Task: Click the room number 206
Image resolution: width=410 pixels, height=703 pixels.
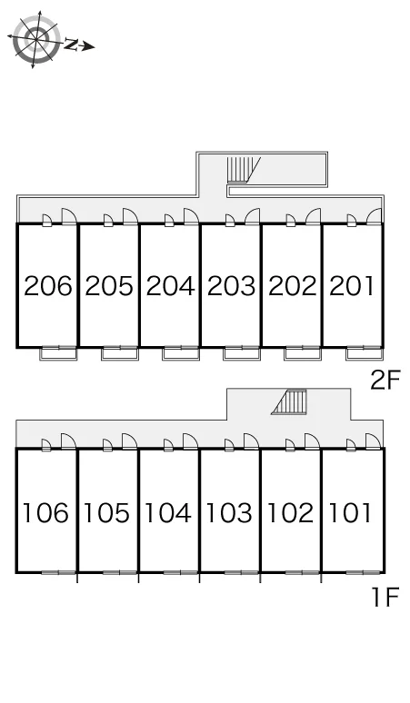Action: click(x=47, y=286)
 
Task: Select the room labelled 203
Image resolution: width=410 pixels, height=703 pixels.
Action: click(x=231, y=286)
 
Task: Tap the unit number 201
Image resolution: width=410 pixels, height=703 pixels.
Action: click(x=352, y=286)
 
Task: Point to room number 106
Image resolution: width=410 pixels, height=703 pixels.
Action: click(x=45, y=513)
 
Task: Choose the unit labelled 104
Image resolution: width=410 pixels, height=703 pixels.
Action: click(x=167, y=513)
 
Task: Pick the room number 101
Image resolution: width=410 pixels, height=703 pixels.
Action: click(x=350, y=513)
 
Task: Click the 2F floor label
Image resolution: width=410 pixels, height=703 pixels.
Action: click(x=385, y=381)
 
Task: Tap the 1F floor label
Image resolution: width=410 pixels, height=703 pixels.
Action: click(x=385, y=598)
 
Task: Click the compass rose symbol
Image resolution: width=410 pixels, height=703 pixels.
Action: click(x=35, y=39)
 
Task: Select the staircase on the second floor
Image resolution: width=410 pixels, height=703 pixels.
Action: click(x=244, y=170)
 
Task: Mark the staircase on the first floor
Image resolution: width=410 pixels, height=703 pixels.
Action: click(x=289, y=402)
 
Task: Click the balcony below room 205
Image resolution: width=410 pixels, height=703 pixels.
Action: click(x=119, y=353)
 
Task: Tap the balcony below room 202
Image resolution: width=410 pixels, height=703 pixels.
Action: click(x=303, y=353)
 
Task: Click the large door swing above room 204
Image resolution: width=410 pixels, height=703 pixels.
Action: click(x=191, y=216)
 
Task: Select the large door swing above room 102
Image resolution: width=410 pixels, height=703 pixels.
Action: click(x=312, y=441)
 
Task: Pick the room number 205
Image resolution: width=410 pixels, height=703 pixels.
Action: click(x=109, y=286)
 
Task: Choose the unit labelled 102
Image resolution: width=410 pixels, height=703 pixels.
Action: click(x=290, y=513)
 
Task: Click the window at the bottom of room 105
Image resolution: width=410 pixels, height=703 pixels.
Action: click(x=119, y=572)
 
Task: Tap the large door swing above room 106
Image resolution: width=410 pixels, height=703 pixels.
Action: click(x=68, y=441)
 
